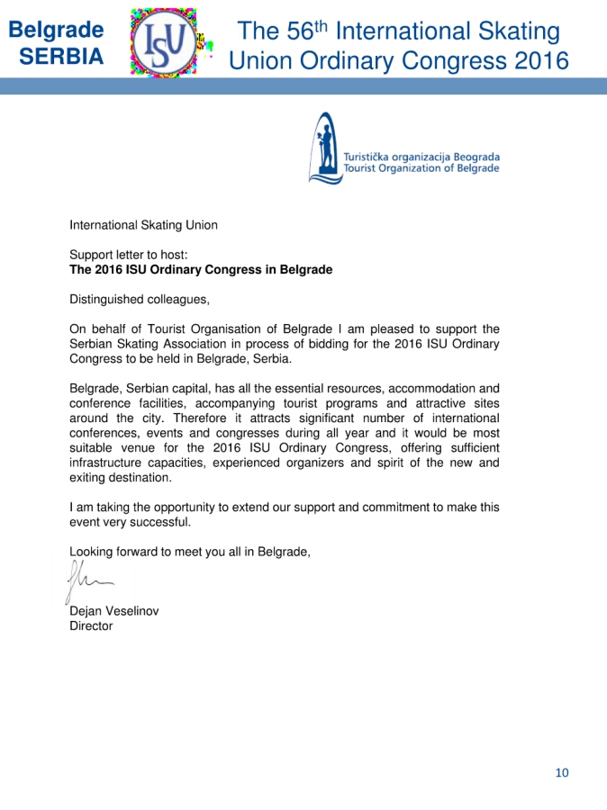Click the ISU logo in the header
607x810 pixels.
tap(169, 41)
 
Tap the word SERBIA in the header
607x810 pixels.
tap(61, 57)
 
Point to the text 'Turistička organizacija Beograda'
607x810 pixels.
tap(421, 157)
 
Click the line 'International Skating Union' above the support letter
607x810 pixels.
tap(143, 225)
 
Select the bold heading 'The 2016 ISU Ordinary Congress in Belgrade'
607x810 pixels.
tap(201, 269)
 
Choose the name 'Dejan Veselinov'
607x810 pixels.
tap(114, 611)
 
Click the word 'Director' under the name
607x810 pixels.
tap(91, 625)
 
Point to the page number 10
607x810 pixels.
tap(562, 772)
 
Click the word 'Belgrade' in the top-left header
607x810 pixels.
tap(56, 30)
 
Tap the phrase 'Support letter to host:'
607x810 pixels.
tap(128, 255)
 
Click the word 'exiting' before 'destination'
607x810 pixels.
tap(90, 477)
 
